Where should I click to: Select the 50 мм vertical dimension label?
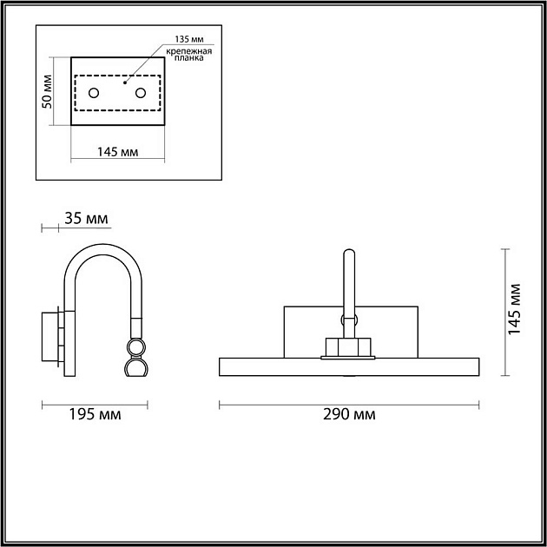click(48, 91)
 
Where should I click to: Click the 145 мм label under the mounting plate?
click(118, 153)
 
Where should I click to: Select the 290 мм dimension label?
click(348, 415)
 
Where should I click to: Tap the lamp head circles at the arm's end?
click(135, 358)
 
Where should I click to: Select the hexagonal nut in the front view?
click(348, 346)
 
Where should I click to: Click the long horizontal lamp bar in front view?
click(348, 366)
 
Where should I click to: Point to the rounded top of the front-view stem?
click(348, 254)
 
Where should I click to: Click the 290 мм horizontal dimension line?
click(348, 404)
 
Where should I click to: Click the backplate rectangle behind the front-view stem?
click(304, 330)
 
